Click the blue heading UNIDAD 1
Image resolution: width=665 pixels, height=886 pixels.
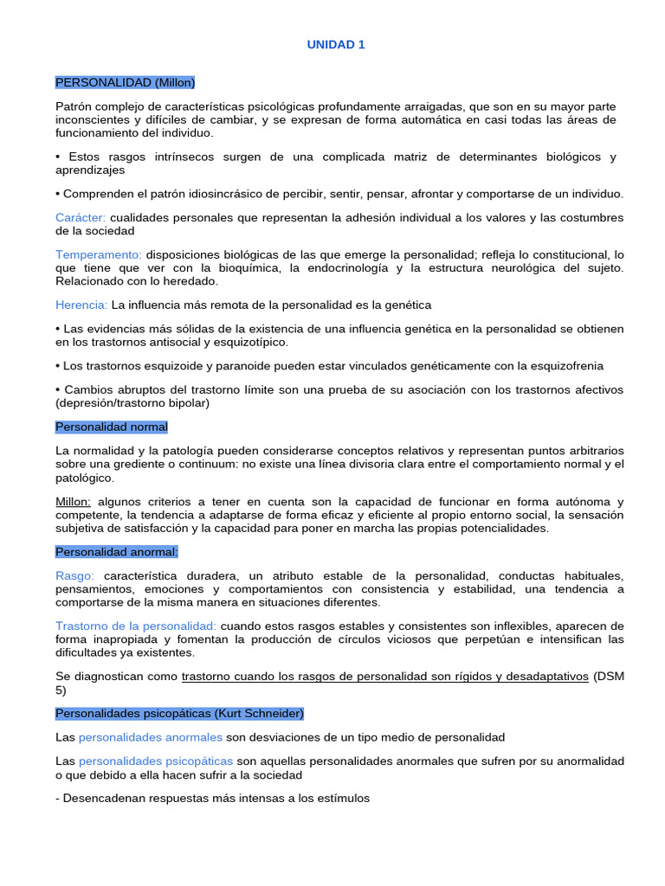point(336,45)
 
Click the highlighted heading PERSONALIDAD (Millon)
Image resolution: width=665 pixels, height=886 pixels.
point(126,82)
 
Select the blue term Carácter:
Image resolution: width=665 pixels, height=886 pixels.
point(81,217)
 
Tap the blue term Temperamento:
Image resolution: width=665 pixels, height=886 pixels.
point(99,254)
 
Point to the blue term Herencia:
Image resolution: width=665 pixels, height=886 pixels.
point(81,305)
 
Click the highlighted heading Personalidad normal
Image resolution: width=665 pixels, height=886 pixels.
point(112,427)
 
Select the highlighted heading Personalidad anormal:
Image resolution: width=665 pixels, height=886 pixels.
point(116,551)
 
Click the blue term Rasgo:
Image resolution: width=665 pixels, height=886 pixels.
point(74,576)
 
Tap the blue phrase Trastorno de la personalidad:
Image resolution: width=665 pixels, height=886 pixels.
point(136,626)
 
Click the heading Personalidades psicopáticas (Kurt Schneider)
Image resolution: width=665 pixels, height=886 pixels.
point(179,713)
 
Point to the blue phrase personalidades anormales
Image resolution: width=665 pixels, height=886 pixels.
point(150,737)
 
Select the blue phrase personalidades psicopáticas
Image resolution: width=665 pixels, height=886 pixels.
point(156,761)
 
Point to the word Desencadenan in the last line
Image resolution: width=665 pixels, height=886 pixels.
point(103,799)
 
